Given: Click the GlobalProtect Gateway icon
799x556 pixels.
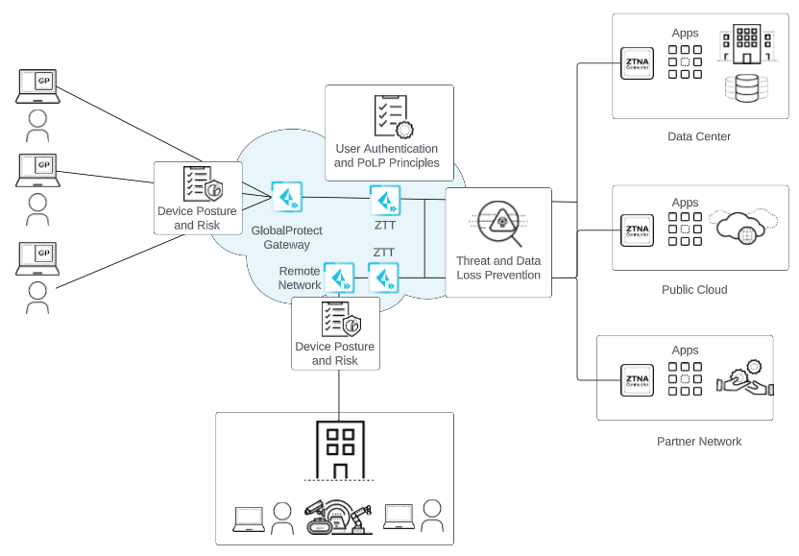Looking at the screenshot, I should [286, 197].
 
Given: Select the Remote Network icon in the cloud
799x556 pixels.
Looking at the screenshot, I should [339, 278].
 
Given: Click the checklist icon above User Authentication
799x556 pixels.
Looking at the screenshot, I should [392, 116].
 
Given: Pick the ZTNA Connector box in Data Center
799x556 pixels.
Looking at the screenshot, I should [636, 63].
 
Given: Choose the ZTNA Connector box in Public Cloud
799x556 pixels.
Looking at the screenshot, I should [636, 230].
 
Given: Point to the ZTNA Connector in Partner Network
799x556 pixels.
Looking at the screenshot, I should [636, 378].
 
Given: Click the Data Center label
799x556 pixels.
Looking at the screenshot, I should [699, 136].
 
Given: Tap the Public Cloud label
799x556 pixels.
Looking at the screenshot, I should [694, 289].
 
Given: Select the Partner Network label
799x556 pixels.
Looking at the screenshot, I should [699, 442].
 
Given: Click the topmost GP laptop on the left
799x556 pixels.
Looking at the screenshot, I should [38, 85].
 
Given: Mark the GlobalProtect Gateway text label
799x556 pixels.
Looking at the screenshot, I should [286, 238].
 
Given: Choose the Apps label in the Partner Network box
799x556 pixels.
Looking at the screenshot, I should [685, 351].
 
